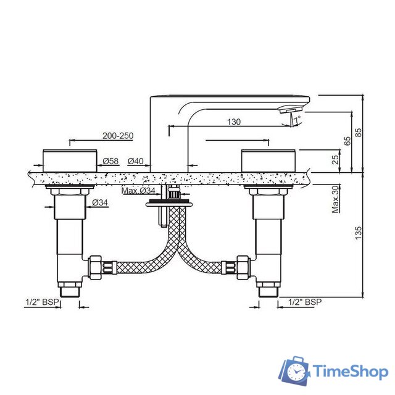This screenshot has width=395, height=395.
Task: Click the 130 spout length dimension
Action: point(234,122)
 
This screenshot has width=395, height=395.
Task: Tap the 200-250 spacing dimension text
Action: point(118,136)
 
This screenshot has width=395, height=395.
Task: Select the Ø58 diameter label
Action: point(110,161)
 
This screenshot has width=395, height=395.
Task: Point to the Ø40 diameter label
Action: point(136,161)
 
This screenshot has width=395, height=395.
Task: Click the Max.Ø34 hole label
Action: point(138,191)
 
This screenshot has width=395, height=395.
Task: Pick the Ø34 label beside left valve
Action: point(100,202)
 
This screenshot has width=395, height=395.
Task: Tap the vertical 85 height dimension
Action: point(358,133)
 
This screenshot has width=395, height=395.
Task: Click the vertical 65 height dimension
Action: point(347,141)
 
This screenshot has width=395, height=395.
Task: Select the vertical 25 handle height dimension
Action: point(335,159)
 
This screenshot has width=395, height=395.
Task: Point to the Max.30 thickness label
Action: point(335,199)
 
